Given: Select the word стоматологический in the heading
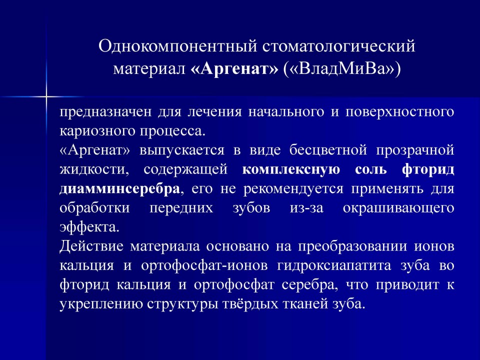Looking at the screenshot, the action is coord(338,46).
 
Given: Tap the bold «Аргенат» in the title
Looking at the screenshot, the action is coord(234,68).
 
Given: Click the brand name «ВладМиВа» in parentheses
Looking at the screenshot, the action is coord(341,69).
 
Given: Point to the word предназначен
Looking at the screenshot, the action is coord(105,111).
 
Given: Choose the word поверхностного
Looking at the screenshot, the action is coord(400,112).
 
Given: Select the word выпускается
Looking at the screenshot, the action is coord(182,150).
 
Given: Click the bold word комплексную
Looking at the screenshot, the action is coord(291,169).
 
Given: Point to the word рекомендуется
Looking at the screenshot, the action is coord(293,189).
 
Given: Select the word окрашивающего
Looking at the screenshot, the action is coord(398,208).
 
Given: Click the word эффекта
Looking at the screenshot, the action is coord(89,227).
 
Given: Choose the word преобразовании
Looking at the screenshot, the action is coord(352,246).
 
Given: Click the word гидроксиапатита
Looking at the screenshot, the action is coord(334,265).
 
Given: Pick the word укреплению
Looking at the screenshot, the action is coord(101,304).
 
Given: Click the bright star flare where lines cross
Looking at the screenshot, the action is coord(46,97).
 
